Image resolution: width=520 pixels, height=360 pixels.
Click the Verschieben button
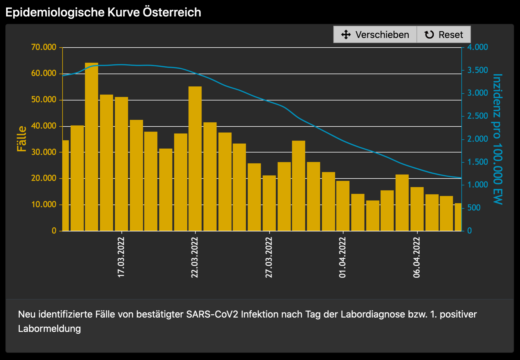[375, 35]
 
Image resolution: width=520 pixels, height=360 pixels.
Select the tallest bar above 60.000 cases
[92, 147]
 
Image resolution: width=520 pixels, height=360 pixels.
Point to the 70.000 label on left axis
[44, 47]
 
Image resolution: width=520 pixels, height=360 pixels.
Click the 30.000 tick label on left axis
[44, 152]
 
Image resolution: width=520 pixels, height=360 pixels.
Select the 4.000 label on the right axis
[477, 47]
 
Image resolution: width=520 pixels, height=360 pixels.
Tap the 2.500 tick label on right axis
[477, 116]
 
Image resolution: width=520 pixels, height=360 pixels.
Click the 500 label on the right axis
[474, 208]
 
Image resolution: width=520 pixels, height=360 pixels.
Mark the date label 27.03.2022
[269, 257]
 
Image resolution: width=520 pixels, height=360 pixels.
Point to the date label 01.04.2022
[343, 257]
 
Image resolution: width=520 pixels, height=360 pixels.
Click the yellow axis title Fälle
[22, 139]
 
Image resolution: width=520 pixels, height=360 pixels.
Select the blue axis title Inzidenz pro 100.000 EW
[497, 139]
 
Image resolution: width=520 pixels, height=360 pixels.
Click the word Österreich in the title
[172, 12]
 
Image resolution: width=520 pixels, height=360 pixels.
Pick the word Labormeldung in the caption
[49, 329]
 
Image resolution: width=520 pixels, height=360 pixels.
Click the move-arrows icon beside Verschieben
[346, 35]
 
